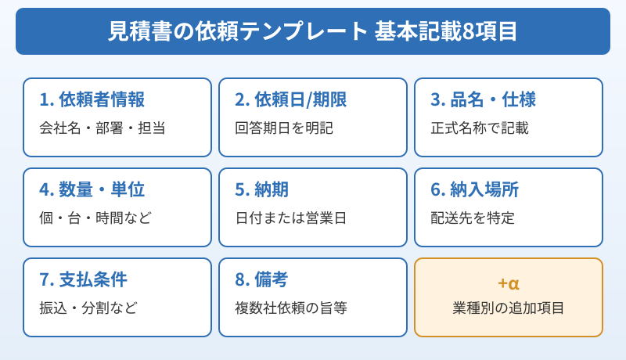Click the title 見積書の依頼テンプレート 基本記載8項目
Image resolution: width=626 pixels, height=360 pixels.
click(x=312, y=31)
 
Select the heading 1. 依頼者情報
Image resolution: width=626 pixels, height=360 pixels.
click(x=92, y=100)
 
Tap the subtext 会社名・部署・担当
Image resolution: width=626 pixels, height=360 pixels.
click(x=102, y=128)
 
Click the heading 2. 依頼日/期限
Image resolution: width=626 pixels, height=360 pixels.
click(x=290, y=100)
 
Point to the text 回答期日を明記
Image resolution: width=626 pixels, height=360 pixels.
click(x=284, y=128)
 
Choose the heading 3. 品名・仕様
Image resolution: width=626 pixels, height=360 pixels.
click(x=483, y=100)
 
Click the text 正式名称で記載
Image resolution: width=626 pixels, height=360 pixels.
click(x=480, y=128)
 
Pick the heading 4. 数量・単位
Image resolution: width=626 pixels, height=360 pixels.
click(x=92, y=190)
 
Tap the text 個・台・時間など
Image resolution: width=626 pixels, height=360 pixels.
click(x=95, y=218)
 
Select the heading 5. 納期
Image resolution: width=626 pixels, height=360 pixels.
click(x=261, y=190)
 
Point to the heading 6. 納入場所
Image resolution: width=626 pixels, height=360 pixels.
click(x=474, y=190)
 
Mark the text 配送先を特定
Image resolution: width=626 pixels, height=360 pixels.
click(x=473, y=218)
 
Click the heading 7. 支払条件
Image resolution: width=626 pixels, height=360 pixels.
click(x=83, y=280)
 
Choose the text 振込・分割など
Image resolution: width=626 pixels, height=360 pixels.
click(x=88, y=308)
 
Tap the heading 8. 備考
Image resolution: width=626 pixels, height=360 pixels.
click(x=261, y=280)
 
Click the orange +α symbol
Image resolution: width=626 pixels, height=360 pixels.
click(x=509, y=283)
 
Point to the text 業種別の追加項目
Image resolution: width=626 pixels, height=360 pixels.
click(x=509, y=308)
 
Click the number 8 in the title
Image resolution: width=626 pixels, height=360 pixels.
click(x=469, y=32)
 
